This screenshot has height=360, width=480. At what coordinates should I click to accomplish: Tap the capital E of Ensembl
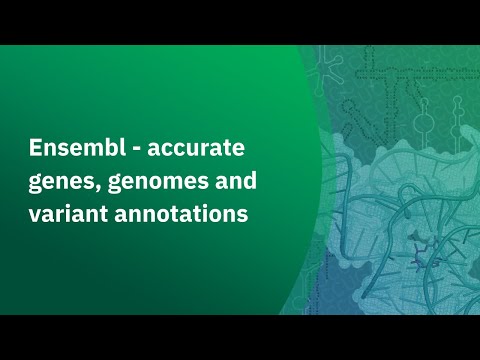(31, 150)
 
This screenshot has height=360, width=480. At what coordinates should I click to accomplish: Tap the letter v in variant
(31, 215)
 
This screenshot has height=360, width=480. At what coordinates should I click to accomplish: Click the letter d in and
(251, 181)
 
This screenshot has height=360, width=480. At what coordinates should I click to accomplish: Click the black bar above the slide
(240, 22)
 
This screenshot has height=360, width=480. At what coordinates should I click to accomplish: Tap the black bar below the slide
(240, 337)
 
